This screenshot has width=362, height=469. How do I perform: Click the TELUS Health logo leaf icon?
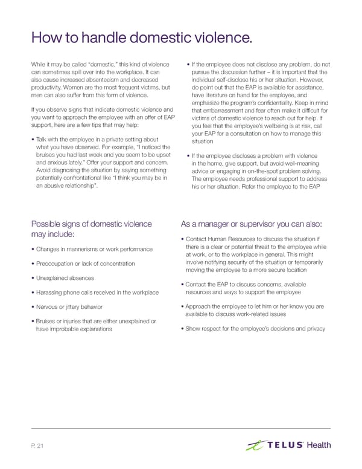(x=256, y=446)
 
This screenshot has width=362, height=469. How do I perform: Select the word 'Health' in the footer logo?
(x=319, y=445)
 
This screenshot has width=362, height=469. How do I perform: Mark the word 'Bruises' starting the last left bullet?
(x=46, y=321)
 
